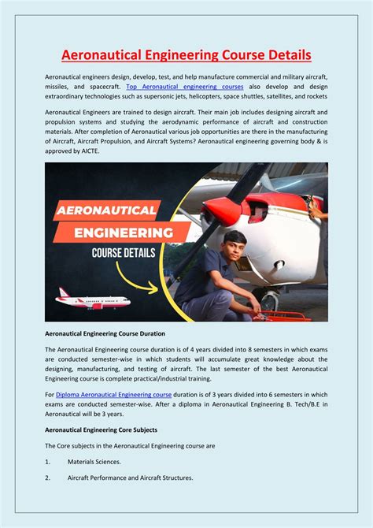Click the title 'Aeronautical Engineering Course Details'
186,54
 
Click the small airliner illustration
93,301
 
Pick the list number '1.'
48,462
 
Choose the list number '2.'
48,478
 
